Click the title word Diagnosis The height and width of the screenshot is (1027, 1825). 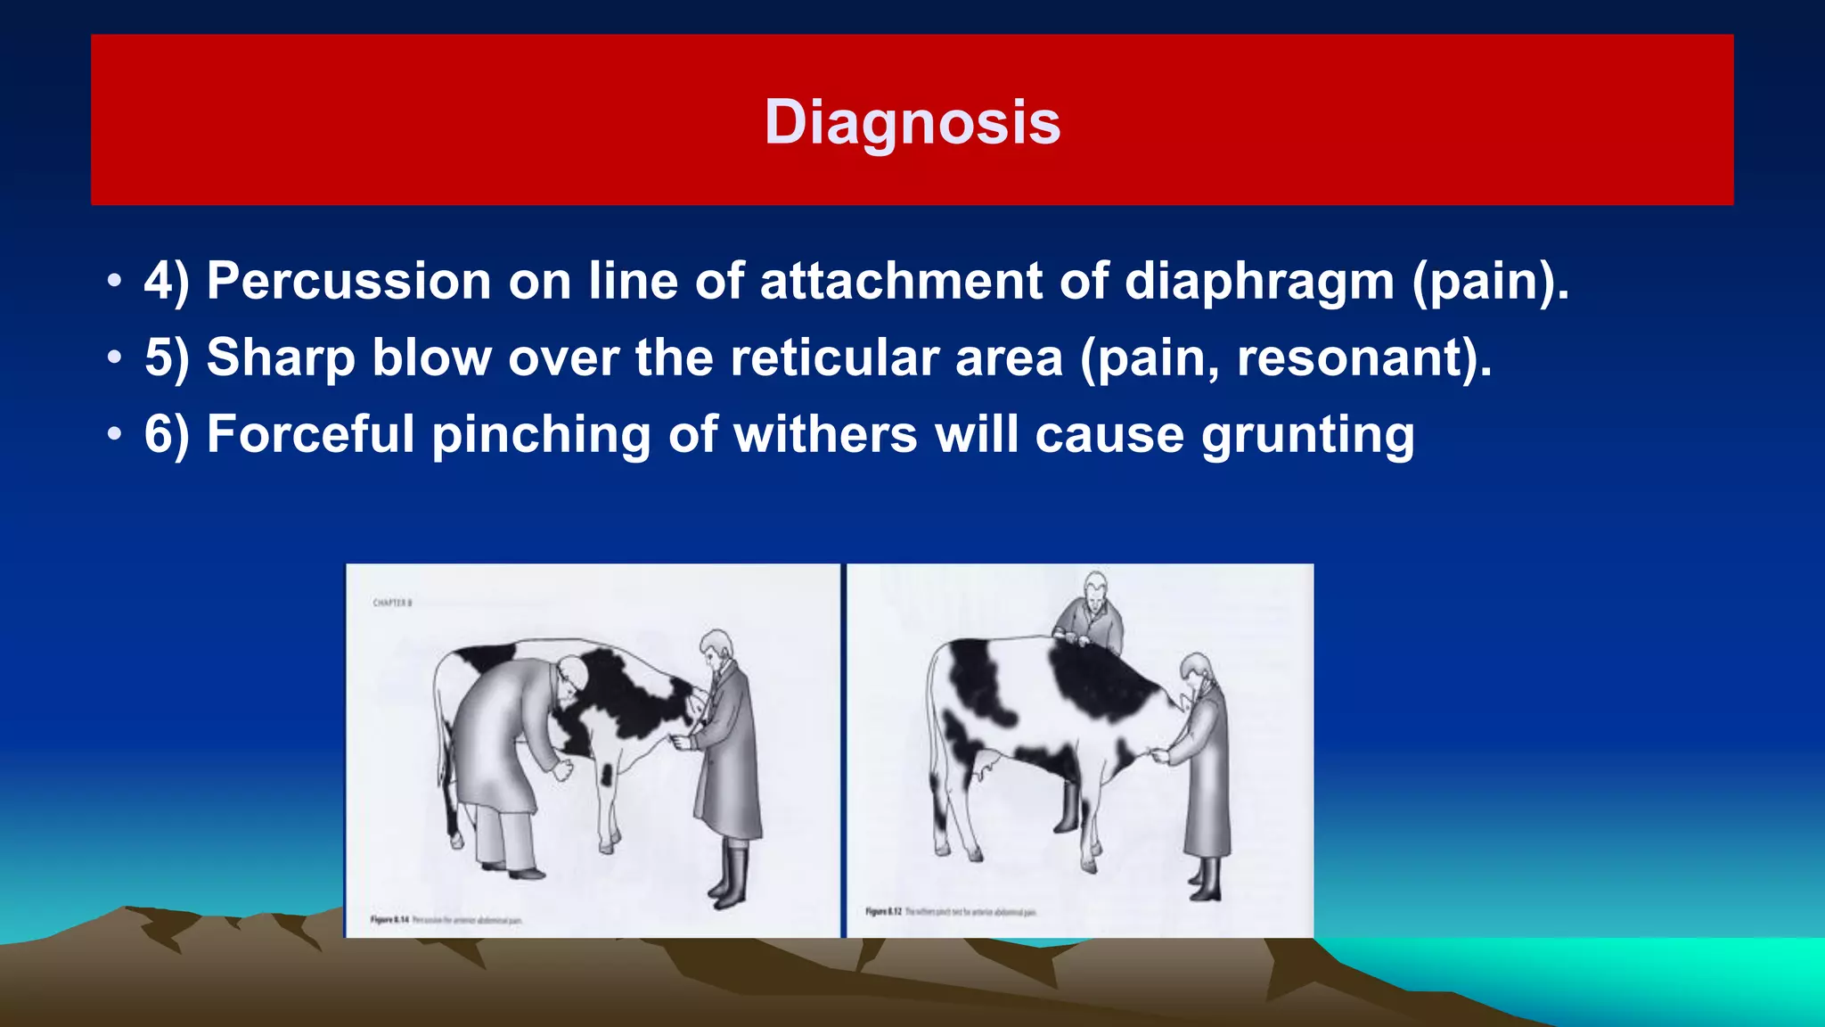(x=912, y=122)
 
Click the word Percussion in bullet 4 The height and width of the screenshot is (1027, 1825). (x=348, y=281)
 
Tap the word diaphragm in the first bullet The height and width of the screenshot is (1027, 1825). (x=1259, y=281)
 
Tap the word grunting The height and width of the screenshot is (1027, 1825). (x=1307, y=434)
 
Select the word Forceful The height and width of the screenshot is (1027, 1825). (x=310, y=434)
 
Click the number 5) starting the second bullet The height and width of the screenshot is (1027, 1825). (x=167, y=357)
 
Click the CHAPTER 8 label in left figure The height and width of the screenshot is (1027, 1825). (x=392, y=604)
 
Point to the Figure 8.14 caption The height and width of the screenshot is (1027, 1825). (x=446, y=919)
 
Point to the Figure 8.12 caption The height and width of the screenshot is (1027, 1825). (x=950, y=912)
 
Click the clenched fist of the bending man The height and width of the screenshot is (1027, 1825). (x=562, y=769)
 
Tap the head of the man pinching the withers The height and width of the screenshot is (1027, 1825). (x=1095, y=587)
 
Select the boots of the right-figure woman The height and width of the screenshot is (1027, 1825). (x=1206, y=878)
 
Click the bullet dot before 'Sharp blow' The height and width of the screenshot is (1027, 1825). (x=114, y=357)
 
